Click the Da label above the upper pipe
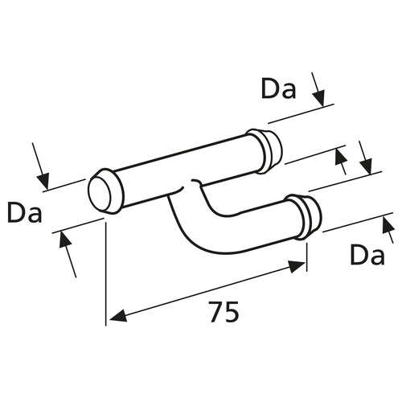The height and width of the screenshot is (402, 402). [279, 89]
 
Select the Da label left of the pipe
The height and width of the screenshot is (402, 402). [25, 213]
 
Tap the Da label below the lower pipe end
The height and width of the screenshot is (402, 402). [367, 256]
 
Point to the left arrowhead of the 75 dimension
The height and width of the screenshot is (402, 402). [117, 315]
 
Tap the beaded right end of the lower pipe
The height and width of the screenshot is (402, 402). [308, 215]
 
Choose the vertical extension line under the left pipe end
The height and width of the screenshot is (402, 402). [106, 273]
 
